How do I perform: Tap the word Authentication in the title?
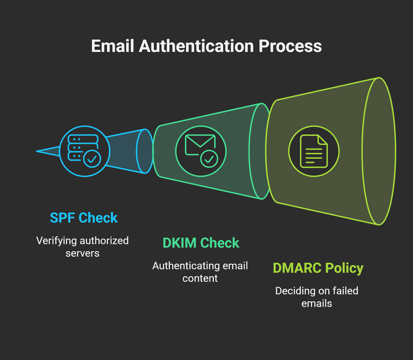pos(196,46)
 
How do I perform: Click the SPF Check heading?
pos(83,218)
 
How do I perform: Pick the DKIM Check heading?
pos(200,243)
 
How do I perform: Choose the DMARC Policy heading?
pos(318,268)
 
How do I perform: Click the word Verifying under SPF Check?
pos(56,241)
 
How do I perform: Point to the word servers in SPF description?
pos(82,254)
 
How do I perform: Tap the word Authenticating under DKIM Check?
pos(186,266)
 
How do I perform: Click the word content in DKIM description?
pos(200,279)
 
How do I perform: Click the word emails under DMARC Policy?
pos(317,303)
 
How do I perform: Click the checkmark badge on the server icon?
pos(92,160)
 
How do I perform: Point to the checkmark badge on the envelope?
pos(209,159)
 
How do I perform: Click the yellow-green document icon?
pos(314,151)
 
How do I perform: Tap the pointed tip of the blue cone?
pos(38,151)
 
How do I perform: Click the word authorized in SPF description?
pos(102,241)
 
